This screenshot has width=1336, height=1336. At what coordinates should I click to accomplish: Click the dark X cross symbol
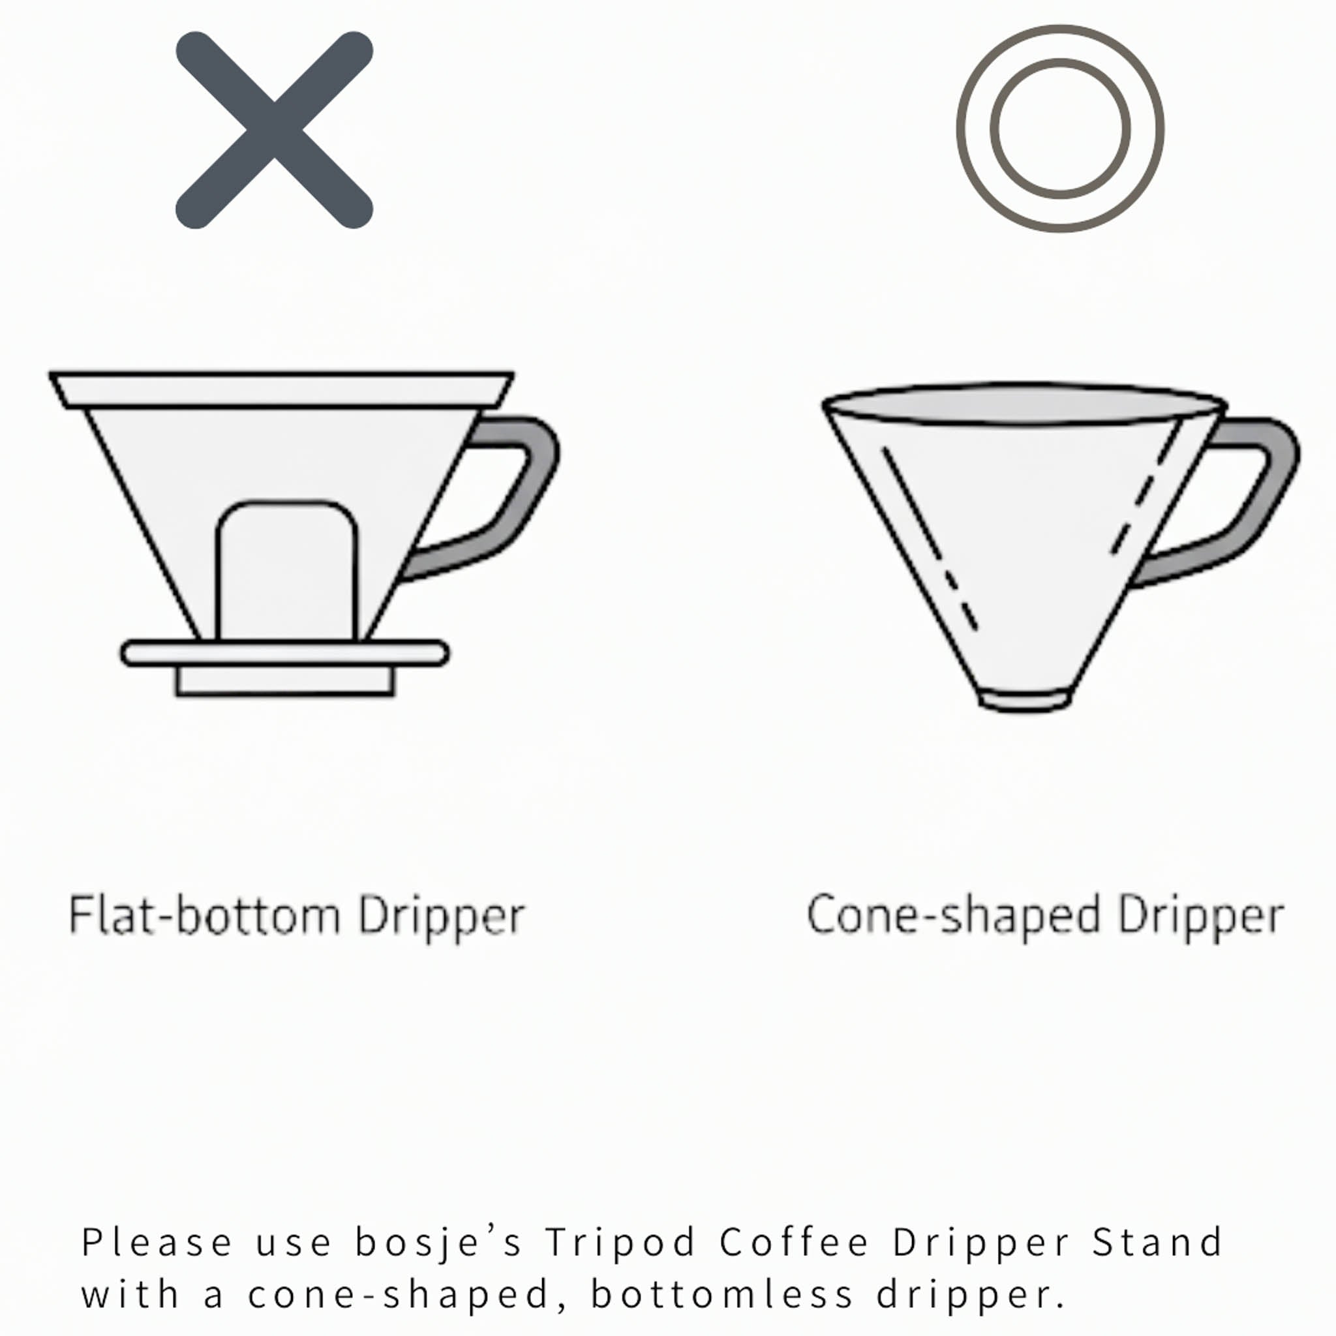tap(275, 130)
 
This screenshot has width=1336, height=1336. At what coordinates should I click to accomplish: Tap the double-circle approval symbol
tap(1059, 129)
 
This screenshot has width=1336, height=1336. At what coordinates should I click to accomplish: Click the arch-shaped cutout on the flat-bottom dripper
tap(287, 571)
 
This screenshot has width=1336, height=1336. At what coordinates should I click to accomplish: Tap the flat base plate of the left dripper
tap(285, 654)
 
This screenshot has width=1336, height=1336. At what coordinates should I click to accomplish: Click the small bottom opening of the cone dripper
tap(1025, 700)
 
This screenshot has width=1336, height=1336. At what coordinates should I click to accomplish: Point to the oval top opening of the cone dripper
tap(1024, 402)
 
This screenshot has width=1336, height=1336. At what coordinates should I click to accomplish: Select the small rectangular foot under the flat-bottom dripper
tap(285, 680)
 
